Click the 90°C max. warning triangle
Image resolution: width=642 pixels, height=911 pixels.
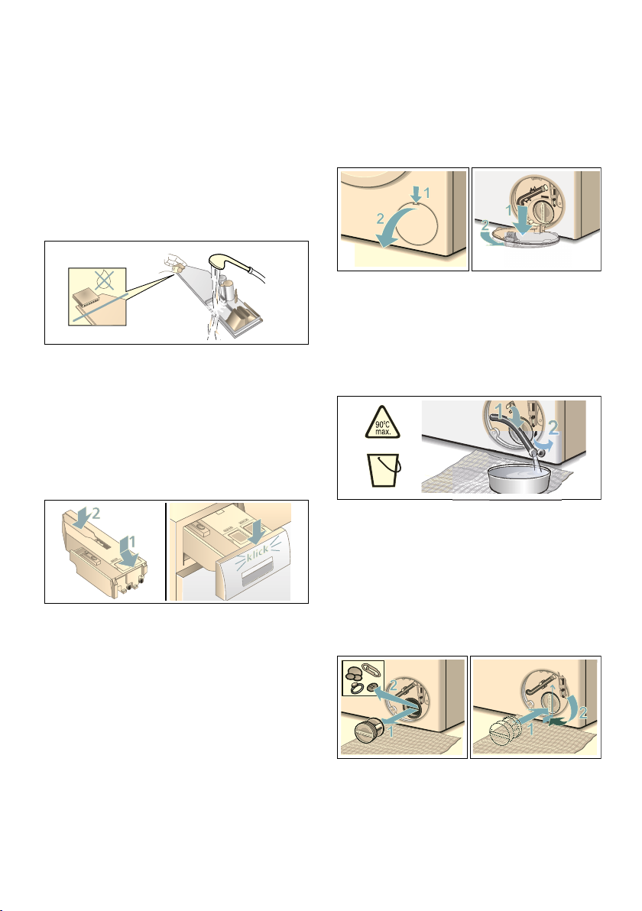point(382,423)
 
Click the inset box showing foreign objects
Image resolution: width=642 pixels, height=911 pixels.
point(363,678)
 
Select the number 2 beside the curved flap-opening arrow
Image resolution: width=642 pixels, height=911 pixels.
point(380,219)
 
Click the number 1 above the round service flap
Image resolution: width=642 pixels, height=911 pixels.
point(427,193)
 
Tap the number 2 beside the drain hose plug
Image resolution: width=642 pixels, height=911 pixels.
point(553,429)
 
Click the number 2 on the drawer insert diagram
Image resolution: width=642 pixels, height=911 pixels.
point(96,513)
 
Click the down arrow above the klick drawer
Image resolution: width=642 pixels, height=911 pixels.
point(254,529)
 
